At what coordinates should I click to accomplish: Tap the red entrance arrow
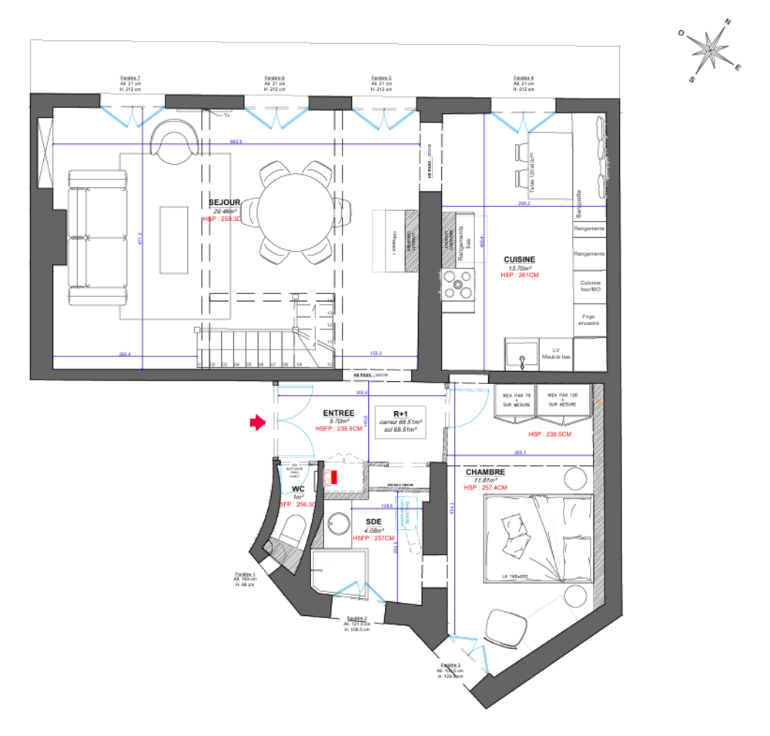(256, 422)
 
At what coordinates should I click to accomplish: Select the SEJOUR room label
(222, 202)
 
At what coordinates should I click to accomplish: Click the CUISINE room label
(519, 259)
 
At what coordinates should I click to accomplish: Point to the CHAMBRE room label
(484, 472)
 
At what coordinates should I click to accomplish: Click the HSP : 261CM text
(517, 275)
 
